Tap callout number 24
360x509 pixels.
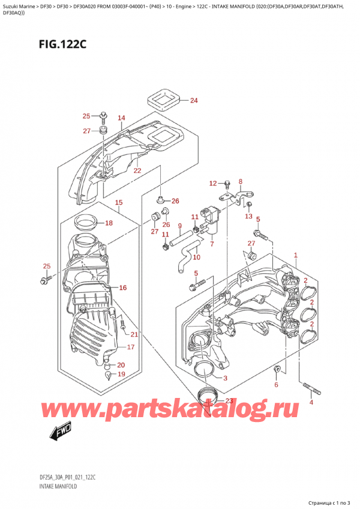click(193, 100)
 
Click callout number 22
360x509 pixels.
click(137, 170)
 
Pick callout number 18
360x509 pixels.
click(109, 223)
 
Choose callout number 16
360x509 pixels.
click(122, 288)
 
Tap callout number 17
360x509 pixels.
click(130, 347)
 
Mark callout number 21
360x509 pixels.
click(134, 334)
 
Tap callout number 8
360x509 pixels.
click(240, 181)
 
